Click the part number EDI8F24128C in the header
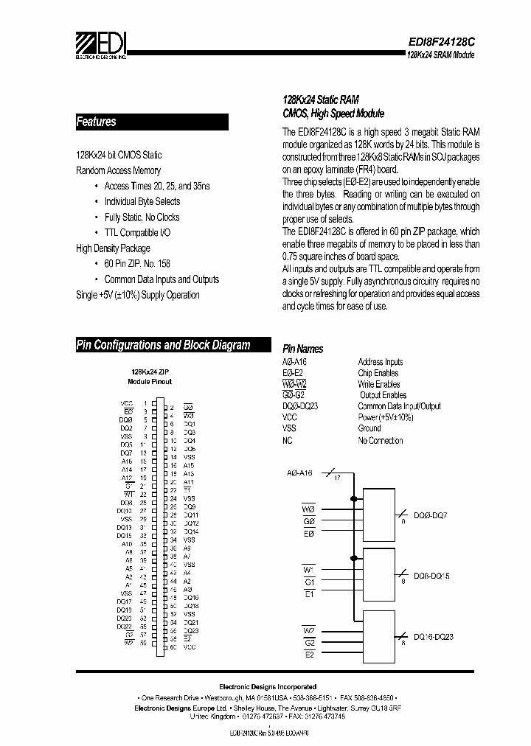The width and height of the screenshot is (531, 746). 440,43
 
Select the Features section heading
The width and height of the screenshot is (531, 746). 97,122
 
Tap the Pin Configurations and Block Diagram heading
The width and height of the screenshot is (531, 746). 164,345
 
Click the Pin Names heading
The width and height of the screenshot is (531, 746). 303,349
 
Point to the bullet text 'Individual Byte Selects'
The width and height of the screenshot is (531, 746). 142,201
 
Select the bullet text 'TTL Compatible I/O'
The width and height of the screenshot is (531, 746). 136,233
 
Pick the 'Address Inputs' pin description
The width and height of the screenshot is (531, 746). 381,362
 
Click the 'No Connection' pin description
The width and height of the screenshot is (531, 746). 381,441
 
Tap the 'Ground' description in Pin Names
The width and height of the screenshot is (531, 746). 369,428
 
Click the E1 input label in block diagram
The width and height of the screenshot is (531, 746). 309,593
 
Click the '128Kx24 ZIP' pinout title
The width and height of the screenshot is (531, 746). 150,373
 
